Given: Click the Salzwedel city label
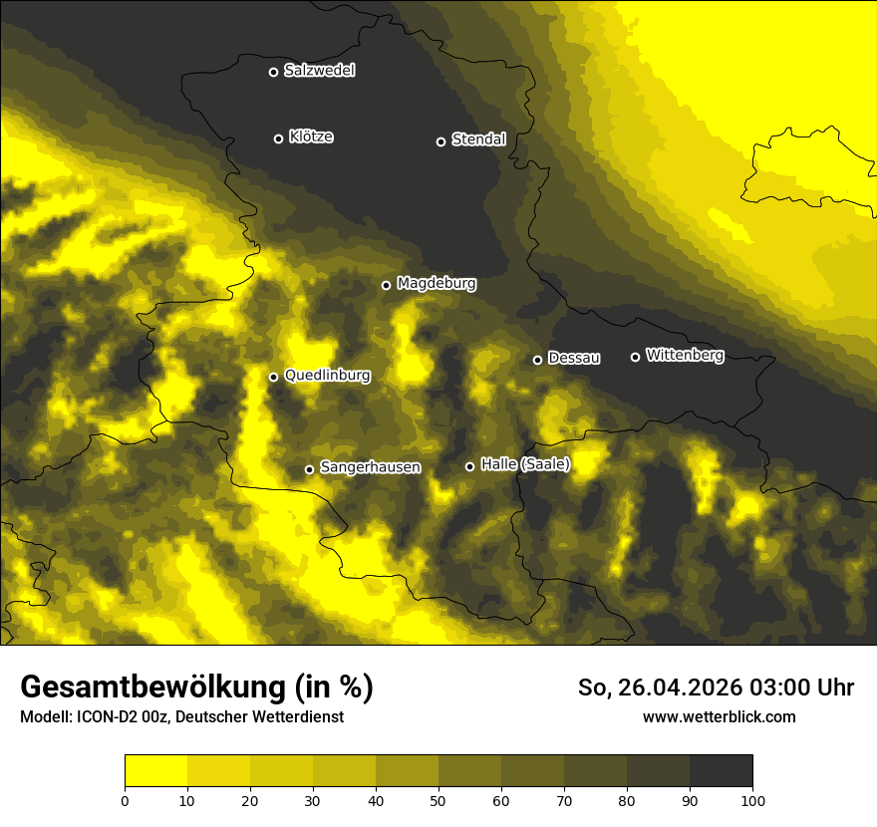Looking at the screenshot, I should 319,71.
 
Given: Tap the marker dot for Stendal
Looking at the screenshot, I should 440,141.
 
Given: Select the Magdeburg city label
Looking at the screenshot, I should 437,284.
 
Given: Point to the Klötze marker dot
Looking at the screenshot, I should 278,138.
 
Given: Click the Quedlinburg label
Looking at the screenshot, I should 327,376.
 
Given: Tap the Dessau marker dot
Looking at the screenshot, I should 537,360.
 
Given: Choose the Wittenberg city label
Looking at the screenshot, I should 685,356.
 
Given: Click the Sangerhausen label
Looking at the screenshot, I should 370,467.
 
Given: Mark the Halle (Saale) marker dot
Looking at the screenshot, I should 469,466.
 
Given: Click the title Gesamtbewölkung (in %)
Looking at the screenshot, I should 196,688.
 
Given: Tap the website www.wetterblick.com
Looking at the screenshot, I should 719,716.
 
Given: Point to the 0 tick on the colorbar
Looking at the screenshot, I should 125,800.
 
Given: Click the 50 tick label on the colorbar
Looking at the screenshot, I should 438,800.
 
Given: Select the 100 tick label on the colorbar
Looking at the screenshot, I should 752,800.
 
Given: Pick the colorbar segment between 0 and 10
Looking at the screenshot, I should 155,771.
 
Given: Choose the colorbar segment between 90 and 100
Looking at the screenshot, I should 721,771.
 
